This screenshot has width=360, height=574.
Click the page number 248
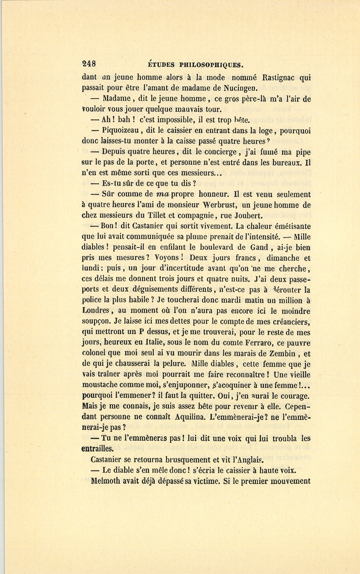coord(88,63)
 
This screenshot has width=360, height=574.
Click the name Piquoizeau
coord(120,131)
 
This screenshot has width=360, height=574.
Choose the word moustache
coord(103,385)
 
